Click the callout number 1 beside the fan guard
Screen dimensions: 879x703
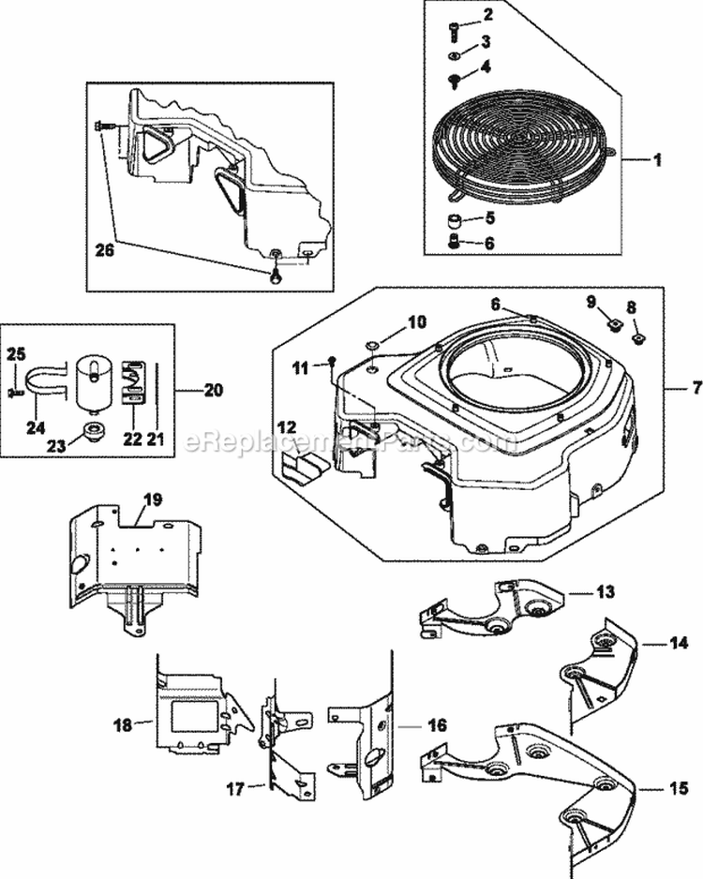coord(657,160)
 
